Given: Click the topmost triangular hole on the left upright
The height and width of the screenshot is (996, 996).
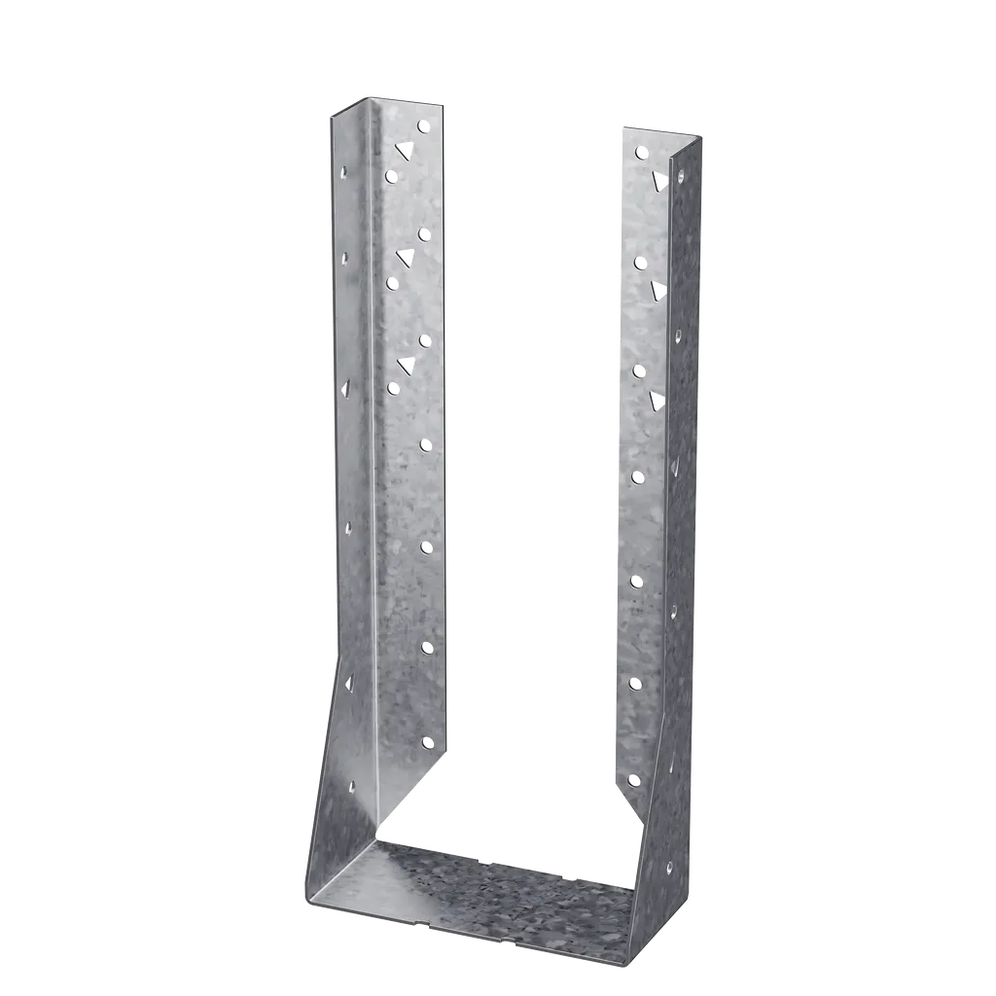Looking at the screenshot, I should (x=405, y=151).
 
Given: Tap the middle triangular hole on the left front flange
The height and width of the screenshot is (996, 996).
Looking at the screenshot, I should (x=406, y=257).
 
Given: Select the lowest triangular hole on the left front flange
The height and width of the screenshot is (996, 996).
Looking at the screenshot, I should (x=406, y=366).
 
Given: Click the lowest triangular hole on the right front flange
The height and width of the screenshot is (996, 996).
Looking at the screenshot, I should (x=658, y=398).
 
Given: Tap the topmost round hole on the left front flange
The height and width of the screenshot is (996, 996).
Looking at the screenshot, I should (x=423, y=126).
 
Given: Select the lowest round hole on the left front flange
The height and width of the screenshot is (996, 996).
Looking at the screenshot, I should (x=427, y=742).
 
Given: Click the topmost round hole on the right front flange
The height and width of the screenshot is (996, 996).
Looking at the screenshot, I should (x=640, y=153).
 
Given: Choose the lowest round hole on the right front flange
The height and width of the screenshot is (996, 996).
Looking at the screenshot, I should (x=634, y=779).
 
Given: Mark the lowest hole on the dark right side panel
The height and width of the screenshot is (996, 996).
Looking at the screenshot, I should (x=668, y=865).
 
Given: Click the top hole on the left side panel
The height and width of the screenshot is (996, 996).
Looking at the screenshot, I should (x=343, y=168).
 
